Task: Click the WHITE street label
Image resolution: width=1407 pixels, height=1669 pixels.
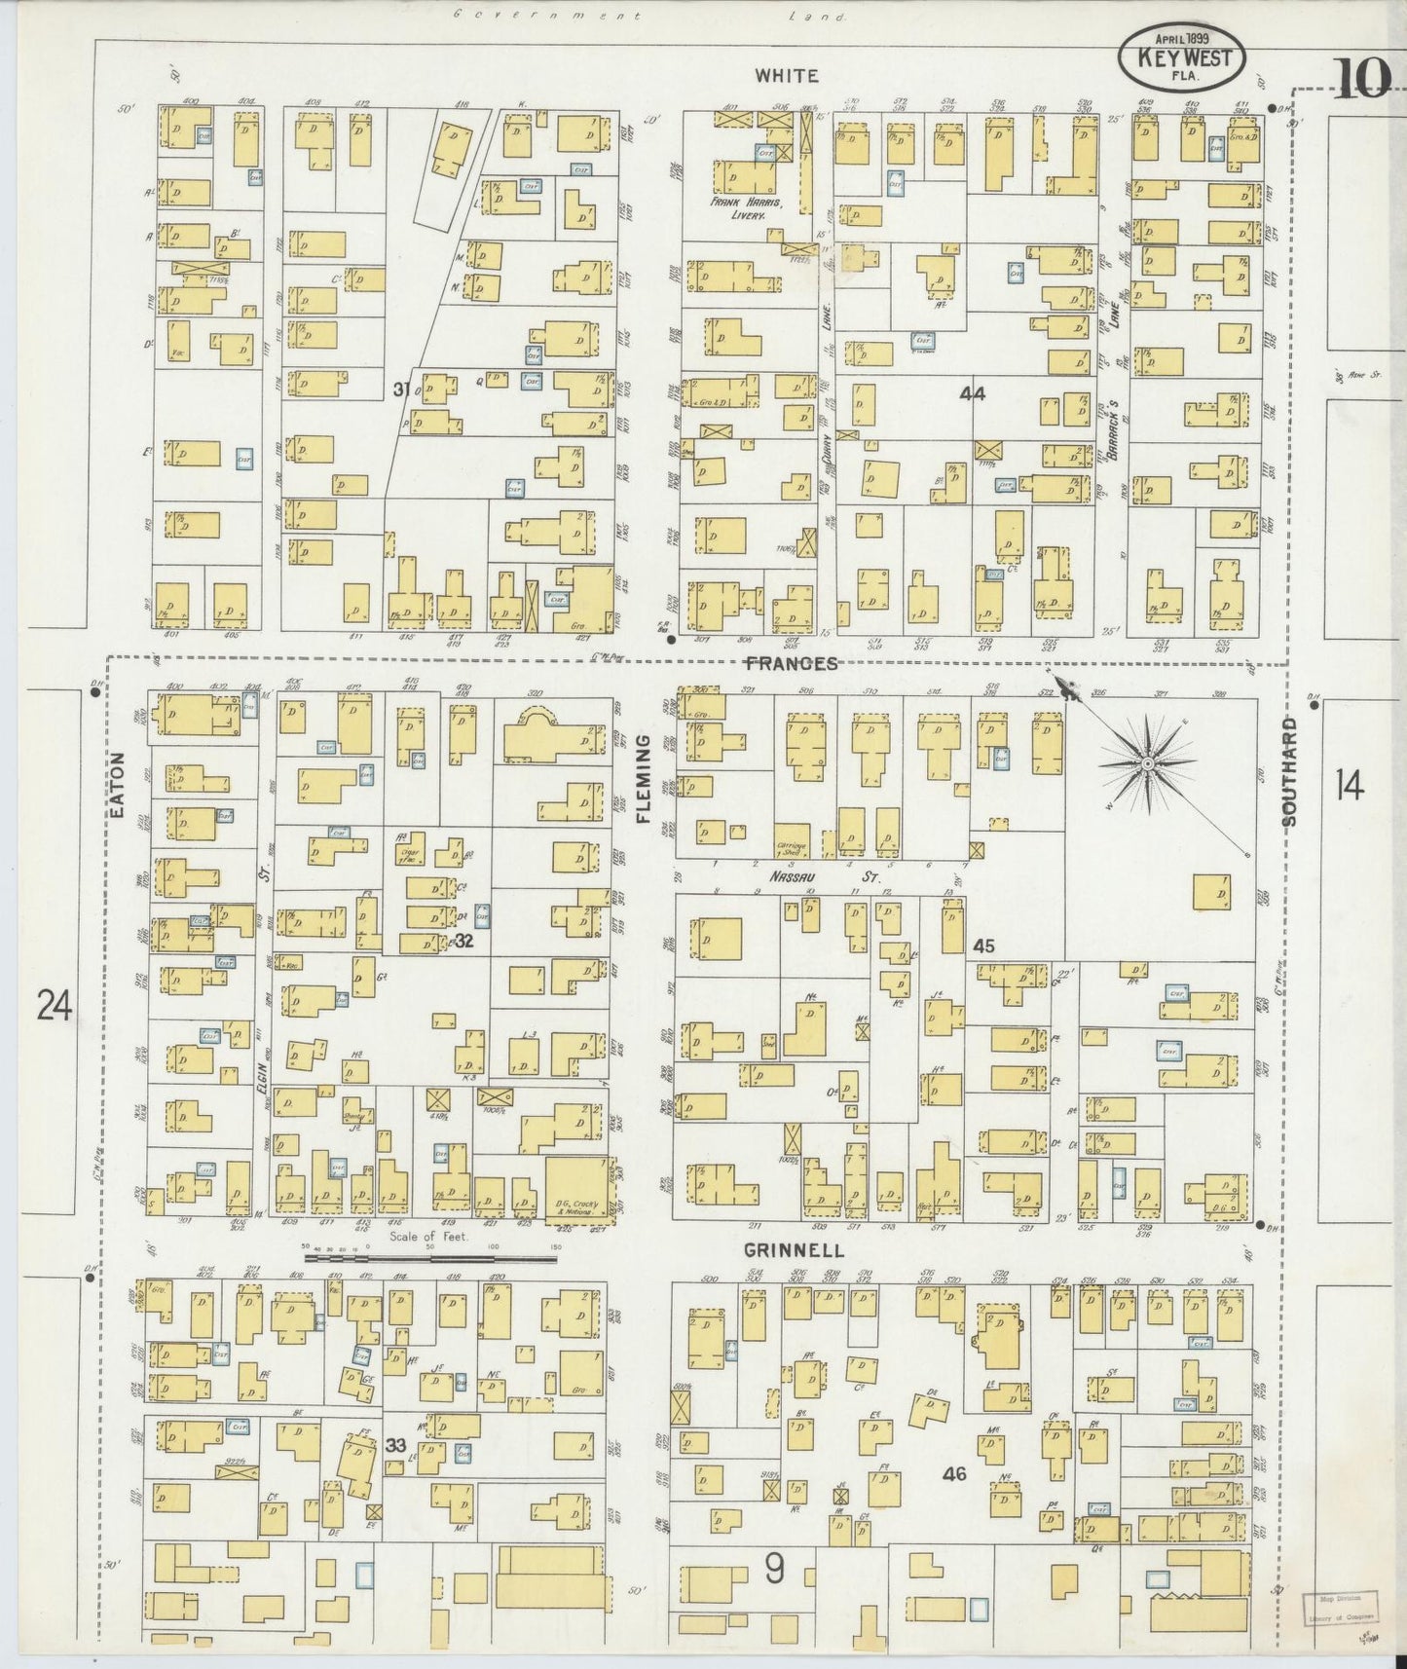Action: tap(786, 75)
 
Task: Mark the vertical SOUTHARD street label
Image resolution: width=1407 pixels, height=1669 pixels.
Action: tap(1290, 771)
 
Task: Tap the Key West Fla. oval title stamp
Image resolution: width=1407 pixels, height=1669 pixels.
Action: tap(1180, 58)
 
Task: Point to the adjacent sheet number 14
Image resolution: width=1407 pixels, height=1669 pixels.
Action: tap(1349, 785)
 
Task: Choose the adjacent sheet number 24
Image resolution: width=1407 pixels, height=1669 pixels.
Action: tap(55, 1004)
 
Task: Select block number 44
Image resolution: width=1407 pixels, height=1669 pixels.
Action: tap(971, 394)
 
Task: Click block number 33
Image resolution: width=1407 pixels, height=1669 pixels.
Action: tap(394, 1445)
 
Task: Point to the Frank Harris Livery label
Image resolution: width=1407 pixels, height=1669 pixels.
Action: tap(761, 211)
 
